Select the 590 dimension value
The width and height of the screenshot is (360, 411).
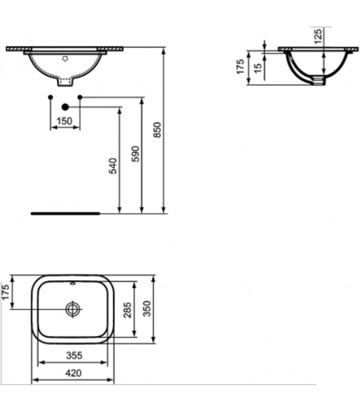click(x=135, y=153)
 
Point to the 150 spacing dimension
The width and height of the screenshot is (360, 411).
click(x=64, y=121)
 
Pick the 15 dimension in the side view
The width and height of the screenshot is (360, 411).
click(x=258, y=67)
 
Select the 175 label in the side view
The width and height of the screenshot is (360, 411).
click(x=241, y=67)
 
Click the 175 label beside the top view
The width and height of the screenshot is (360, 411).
click(x=6, y=293)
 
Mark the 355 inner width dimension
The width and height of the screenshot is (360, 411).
click(x=73, y=356)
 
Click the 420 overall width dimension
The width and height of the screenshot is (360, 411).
click(x=73, y=373)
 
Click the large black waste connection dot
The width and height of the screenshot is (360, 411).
click(x=64, y=107)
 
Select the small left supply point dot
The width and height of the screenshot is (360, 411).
click(x=50, y=97)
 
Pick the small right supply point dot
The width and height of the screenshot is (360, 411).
click(x=80, y=97)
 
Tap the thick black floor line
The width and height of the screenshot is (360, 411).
click(x=65, y=213)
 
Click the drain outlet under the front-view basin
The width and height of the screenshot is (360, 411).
click(x=65, y=81)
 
